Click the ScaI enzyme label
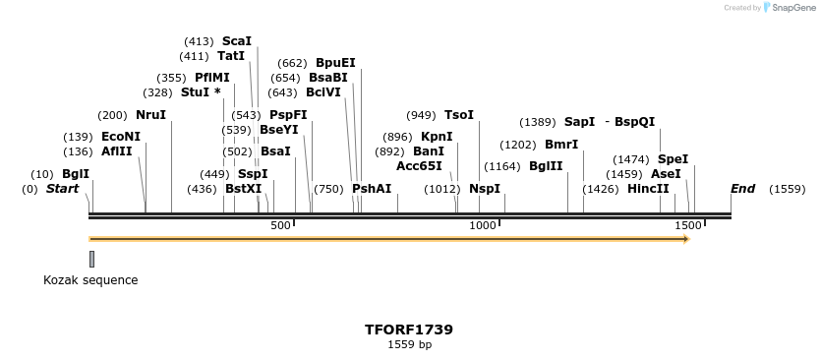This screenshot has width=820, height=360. pyautogui.click(x=237, y=41)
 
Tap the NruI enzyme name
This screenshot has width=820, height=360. pyautogui.click(x=150, y=115)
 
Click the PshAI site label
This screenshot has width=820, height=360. pyautogui.click(x=372, y=189)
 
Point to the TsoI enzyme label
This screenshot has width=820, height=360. pyautogui.click(x=459, y=115)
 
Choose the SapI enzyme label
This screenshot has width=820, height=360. pyautogui.click(x=579, y=122)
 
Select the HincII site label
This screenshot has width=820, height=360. pyautogui.click(x=648, y=189)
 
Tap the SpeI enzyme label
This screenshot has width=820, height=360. pyautogui.click(x=673, y=159)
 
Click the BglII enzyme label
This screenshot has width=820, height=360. pyautogui.click(x=546, y=166)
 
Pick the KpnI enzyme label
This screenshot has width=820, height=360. pyautogui.click(x=437, y=137)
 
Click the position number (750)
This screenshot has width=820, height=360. pyautogui.click(x=329, y=189)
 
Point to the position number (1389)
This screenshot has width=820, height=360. pyautogui.click(x=537, y=122)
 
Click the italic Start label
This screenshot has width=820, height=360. pyautogui.click(x=62, y=189)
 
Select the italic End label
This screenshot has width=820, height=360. pyautogui.click(x=742, y=189)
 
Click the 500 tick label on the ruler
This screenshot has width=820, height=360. pyautogui.click(x=281, y=226)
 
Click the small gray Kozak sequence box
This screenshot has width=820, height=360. pyautogui.click(x=92, y=259)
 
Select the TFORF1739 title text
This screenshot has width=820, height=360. pyautogui.click(x=409, y=330)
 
